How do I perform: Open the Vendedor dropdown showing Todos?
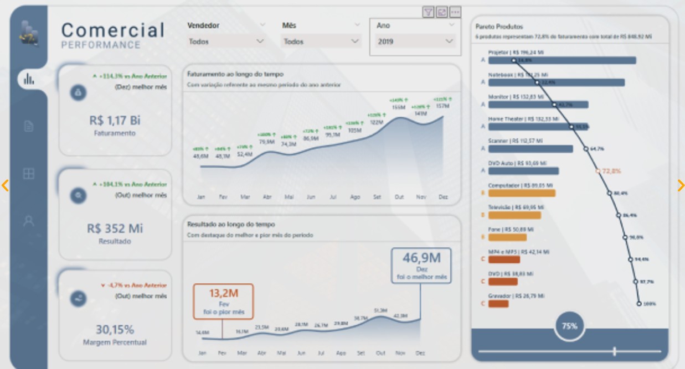pos(226,41)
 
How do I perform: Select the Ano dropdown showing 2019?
pos(415,41)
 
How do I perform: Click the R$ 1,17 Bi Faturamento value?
pos(115,120)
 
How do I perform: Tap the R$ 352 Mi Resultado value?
pos(115,228)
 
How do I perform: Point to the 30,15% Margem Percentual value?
pos(115,330)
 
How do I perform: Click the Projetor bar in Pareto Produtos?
pos(562,60)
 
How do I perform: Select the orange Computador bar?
pos(522,193)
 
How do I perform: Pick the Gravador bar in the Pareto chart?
pos(498,304)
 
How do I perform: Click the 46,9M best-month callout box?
pos(421,266)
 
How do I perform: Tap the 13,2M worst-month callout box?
pos(223,301)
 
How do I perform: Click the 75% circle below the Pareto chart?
pos(569,326)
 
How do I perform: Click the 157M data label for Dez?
pos(442,106)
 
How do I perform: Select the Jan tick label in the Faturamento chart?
pos(201,196)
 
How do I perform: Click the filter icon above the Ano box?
pos(428,12)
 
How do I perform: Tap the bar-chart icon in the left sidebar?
pos(29,79)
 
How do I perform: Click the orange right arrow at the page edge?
pos(681,185)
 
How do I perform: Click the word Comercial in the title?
pos(113,30)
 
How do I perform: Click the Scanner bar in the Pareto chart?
pos(531,149)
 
